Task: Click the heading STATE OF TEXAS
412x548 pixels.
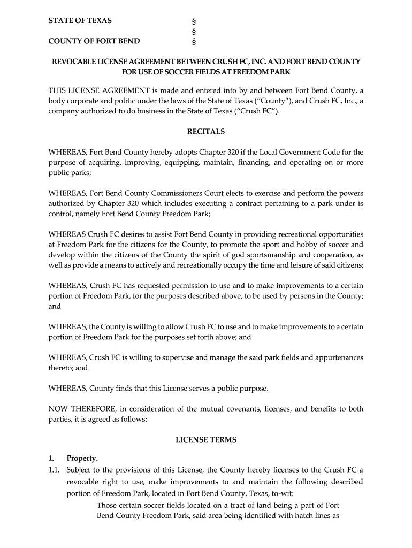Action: click(x=80, y=21)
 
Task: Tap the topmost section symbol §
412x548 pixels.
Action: click(x=193, y=21)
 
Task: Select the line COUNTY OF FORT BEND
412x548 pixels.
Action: click(x=94, y=41)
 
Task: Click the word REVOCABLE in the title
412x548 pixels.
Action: click(x=75, y=62)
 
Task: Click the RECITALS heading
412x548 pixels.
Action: click(x=205, y=131)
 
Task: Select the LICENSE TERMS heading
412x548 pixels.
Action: click(x=206, y=440)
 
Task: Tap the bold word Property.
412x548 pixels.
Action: click(x=82, y=459)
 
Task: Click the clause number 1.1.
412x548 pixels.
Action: click(x=55, y=470)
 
